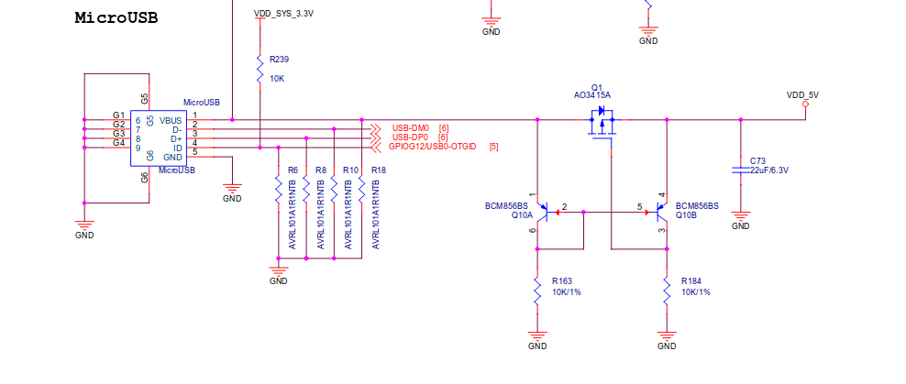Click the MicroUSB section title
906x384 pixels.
click(116, 18)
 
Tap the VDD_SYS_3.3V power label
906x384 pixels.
click(283, 15)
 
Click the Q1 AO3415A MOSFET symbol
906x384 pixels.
click(602, 123)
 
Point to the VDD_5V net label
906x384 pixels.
click(802, 94)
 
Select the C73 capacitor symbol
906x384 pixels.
click(741, 170)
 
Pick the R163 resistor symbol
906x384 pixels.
click(538, 291)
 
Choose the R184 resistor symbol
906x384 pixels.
click(668, 291)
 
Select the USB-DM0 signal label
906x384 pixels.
click(410, 127)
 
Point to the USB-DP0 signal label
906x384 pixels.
click(410, 137)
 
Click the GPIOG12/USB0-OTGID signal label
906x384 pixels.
click(432, 147)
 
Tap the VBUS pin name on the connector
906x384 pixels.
click(171, 120)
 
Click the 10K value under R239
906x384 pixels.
click(277, 79)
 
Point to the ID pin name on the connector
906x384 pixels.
click(178, 148)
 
